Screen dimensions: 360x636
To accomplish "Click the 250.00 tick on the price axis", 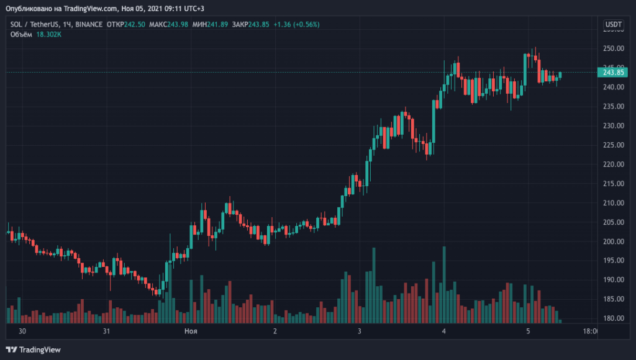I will click(x=613, y=48).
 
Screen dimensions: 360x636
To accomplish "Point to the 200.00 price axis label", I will click(x=613, y=241).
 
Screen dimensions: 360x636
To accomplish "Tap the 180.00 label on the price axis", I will click(x=613, y=318).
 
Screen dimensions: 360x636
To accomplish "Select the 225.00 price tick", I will click(x=613, y=145).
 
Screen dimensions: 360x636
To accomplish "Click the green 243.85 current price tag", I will click(x=613, y=72).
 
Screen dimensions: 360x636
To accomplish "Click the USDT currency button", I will click(x=614, y=25).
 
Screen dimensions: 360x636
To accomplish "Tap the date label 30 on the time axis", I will click(x=23, y=331).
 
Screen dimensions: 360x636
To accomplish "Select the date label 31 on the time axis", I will click(x=107, y=331).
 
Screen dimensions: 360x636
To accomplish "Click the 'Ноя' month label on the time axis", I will click(x=191, y=331).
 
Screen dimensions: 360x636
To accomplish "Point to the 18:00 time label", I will click(x=589, y=331).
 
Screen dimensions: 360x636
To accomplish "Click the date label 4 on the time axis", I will click(x=443, y=331).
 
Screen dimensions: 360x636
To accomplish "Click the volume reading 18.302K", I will click(x=48, y=34).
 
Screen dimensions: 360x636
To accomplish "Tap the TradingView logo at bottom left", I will click(x=34, y=349).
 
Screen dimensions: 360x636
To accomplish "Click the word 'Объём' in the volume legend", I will click(x=22, y=34).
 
